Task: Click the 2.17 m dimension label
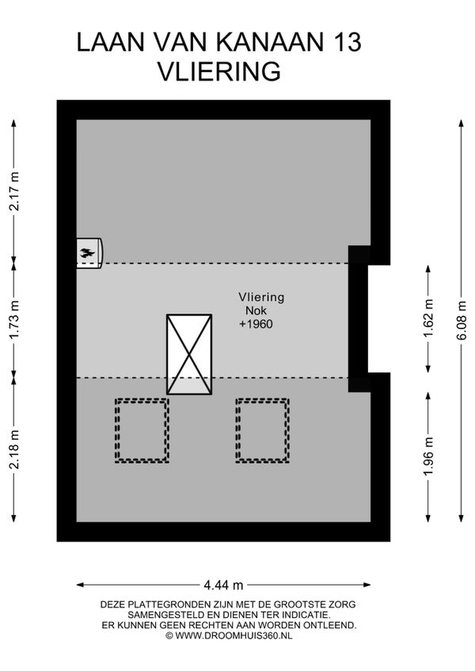click(14, 191)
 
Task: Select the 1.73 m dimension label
click(14, 320)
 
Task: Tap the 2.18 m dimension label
click(14, 449)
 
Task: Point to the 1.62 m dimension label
click(428, 318)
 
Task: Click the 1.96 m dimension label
click(428, 456)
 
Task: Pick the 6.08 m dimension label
click(462, 320)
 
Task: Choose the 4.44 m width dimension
click(223, 585)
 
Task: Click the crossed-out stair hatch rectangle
click(189, 354)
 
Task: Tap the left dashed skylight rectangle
click(142, 430)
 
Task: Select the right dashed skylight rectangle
click(262, 430)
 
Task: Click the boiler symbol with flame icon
click(89, 253)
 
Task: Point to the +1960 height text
click(256, 324)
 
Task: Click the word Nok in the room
click(256, 310)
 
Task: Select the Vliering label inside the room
click(261, 297)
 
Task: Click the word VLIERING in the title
click(219, 71)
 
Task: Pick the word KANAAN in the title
click(270, 42)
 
